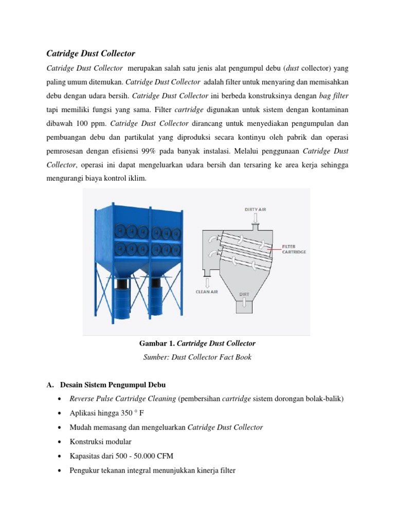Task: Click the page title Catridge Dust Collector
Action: tap(91, 53)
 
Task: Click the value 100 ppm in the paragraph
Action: tap(88, 123)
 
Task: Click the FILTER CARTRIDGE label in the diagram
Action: tap(294, 249)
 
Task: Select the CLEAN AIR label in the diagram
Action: tap(207, 292)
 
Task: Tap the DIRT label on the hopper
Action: tap(244, 294)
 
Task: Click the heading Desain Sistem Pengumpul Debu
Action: tap(113, 385)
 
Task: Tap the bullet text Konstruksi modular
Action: tap(101, 442)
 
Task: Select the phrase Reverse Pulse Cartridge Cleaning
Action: tap(122, 399)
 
